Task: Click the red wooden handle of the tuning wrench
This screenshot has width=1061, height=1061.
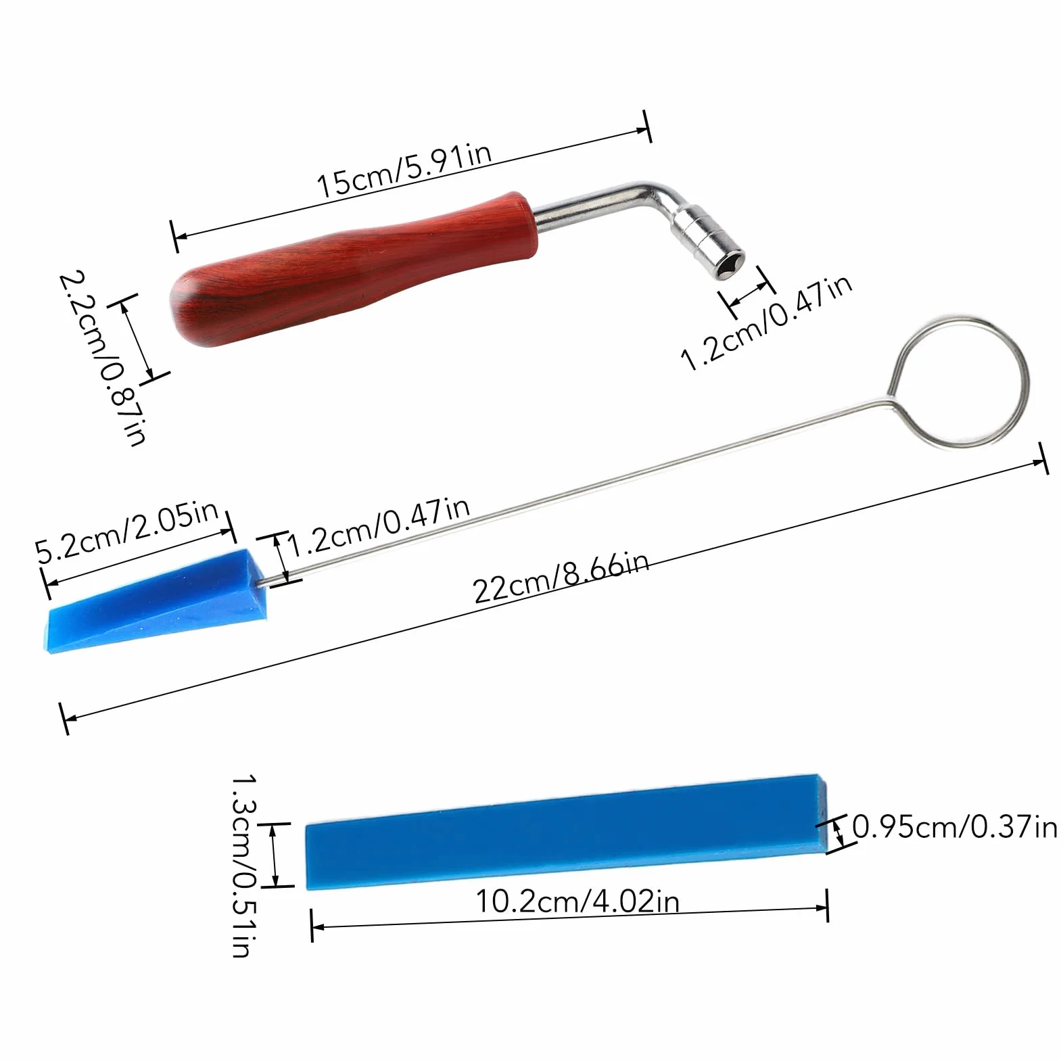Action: click(x=352, y=269)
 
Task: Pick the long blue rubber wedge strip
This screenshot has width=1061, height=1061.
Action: click(x=567, y=831)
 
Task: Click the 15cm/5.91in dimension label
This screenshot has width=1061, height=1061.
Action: click(x=404, y=171)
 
